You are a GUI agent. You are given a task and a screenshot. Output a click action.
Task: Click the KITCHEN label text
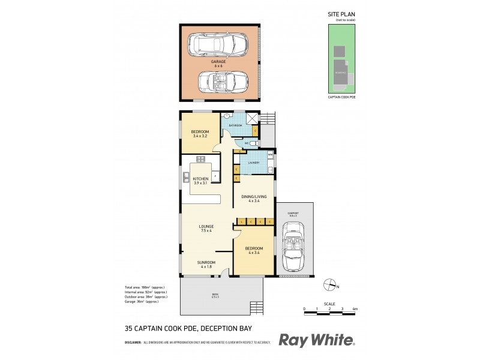click(200, 179)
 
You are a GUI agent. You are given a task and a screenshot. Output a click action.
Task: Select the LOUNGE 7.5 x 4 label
click(207, 227)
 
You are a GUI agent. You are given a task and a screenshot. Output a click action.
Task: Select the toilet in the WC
click(256, 144)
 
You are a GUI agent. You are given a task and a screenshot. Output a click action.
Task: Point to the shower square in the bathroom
click(254, 118)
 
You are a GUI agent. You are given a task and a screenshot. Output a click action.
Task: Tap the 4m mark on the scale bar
click(355, 309)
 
